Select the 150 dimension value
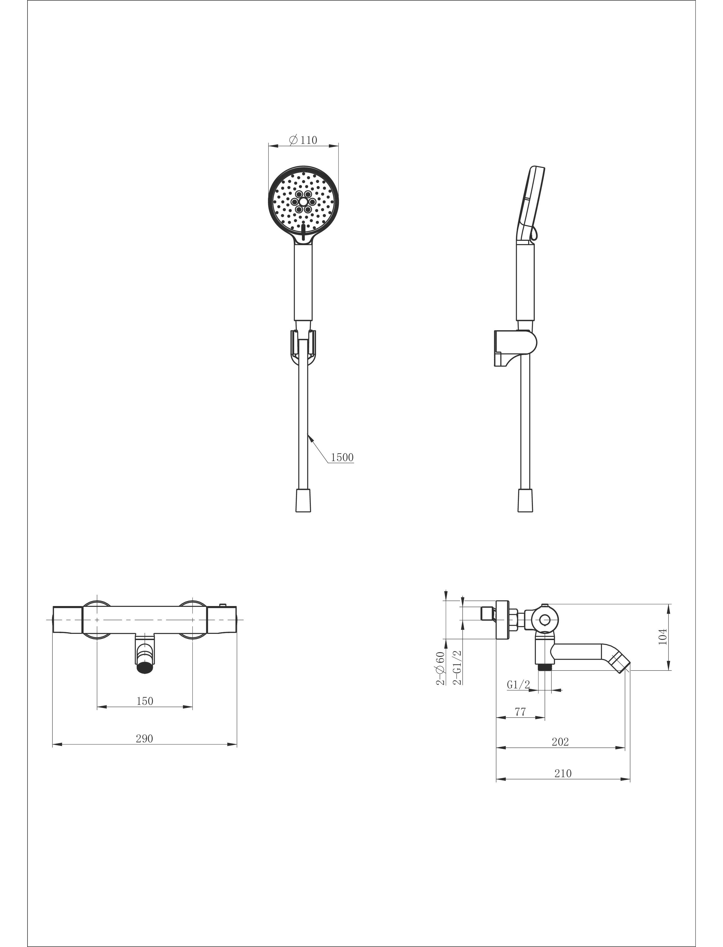(145, 701)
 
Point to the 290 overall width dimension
(144, 739)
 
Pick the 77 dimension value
(520, 712)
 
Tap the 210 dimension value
(563, 773)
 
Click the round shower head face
(303, 202)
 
